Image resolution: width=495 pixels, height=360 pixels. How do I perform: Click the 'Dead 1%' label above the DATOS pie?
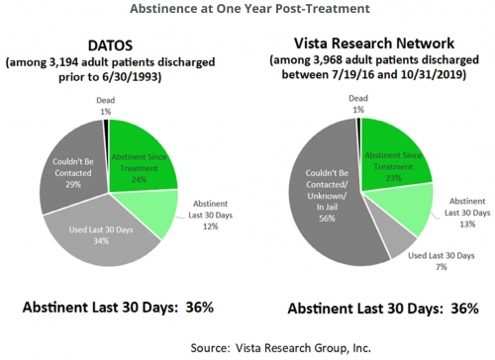click(105, 106)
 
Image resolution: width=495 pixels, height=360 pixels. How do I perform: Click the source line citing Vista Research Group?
click(247, 346)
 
